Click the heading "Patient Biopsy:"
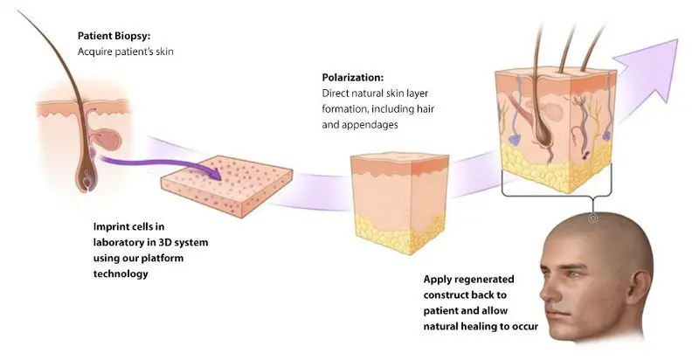coord(114,36)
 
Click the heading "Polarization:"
coord(353,78)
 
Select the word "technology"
coord(121,273)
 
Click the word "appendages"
coord(370,125)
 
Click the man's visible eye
coord(571,274)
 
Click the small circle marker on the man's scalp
coord(592,218)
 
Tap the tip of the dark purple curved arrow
coord(222,179)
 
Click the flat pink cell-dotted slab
coord(226,186)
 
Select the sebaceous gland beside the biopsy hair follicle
coord(108,139)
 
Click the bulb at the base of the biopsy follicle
coord(87,182)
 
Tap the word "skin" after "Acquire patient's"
coord(164,52)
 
